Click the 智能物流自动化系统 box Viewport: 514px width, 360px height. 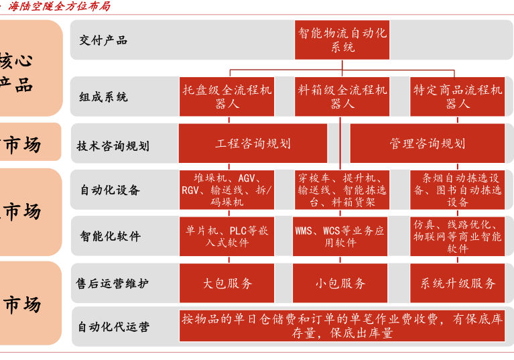click(342, 40)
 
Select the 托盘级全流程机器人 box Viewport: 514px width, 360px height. click(227, 97)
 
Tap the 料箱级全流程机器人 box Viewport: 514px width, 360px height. click(342, 97)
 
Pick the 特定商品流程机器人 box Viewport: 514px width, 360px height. click(457, 97)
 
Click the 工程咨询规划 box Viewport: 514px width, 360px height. click(253, 143)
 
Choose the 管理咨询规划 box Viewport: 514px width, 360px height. click(427, 143)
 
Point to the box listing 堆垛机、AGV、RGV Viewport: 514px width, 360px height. click(227, 190)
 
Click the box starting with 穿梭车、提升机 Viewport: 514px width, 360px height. click(340, 190)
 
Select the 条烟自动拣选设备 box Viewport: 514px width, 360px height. click(457, 190)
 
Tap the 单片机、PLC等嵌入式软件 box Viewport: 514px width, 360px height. click(227, 236)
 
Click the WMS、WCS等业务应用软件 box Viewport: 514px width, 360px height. click(340, 236)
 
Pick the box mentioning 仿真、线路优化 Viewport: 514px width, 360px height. click(457, 236)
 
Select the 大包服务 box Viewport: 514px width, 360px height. click(227, 283)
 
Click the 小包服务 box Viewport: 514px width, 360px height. click(340, 283)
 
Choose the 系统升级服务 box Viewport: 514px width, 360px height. click(457, 283)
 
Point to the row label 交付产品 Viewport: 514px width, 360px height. click(103, 40)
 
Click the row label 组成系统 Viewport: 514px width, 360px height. click(103, 97)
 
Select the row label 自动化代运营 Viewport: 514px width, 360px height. click(113, 327)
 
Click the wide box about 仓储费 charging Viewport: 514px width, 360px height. click(342, 326)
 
